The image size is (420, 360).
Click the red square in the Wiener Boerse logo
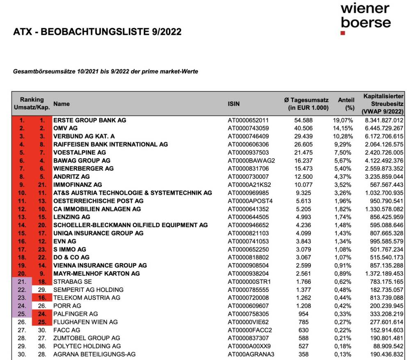point(343,32)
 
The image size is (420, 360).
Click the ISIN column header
point(234,104)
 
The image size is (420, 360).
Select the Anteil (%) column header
point(346,104)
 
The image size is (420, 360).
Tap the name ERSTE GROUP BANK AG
point(90,120)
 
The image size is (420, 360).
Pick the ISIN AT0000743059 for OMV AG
point(249,128)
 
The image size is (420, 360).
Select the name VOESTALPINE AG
point(80,153)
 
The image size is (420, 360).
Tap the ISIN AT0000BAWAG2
point(251,160)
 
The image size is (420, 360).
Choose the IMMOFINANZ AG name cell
point(78,185)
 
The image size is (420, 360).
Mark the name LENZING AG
point(72,217)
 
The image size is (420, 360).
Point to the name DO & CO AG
point(71,257)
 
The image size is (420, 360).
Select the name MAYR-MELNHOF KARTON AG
point(96,273)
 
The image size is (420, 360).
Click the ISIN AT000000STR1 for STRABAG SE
point(249,282)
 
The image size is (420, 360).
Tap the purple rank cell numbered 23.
point(22,298)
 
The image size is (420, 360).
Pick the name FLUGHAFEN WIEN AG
point(85,322)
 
